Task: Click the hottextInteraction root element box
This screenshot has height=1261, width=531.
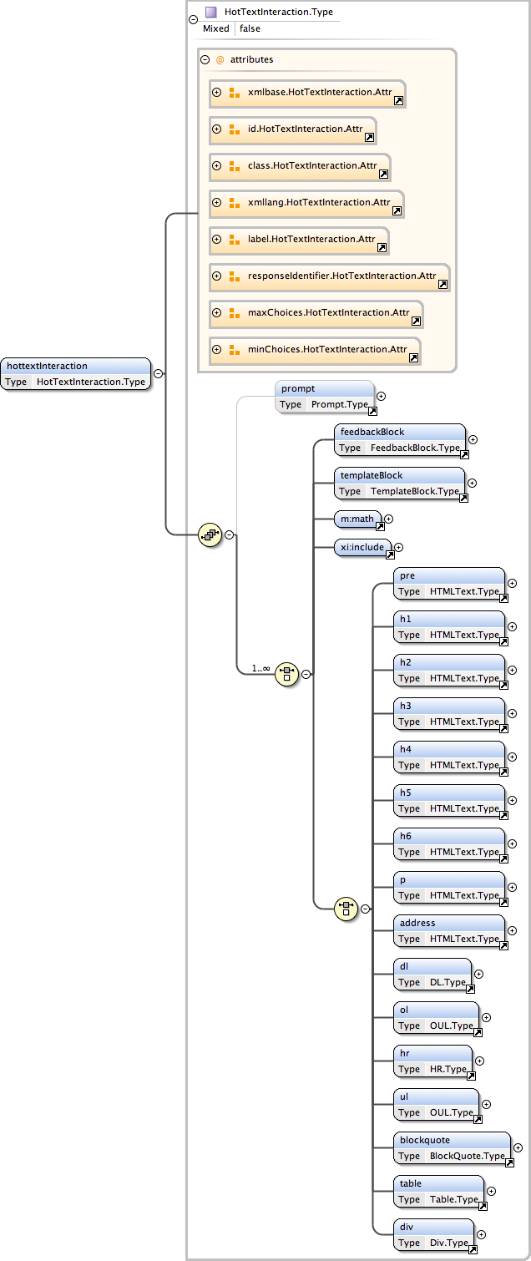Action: coord(76,374)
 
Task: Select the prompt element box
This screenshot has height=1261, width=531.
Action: coord(325,397)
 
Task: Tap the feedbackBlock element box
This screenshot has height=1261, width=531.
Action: coord(400,440)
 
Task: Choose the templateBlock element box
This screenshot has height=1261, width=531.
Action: coord(400,484)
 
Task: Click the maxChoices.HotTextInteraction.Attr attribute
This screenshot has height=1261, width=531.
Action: coord(328,312)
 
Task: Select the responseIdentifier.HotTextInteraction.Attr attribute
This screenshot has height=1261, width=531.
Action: coord(341,276)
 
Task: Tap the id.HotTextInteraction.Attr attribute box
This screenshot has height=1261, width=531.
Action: coord(305,129)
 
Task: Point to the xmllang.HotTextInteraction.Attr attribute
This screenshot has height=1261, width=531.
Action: coord(319,202)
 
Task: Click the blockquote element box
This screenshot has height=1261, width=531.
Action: coord(452,1148)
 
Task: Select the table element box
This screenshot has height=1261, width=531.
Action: coord(438,1192)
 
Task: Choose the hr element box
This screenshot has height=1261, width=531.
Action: coord(432,1061)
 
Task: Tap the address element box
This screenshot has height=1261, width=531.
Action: coord(449,931)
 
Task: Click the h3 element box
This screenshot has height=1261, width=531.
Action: coord(449,714)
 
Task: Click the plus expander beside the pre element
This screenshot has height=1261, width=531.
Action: coord(513,584)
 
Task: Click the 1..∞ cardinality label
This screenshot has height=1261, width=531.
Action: coord(260,668)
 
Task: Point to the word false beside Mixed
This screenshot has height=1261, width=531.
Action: coord(250,28)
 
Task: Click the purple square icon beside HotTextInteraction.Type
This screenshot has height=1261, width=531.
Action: coord(211,12)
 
